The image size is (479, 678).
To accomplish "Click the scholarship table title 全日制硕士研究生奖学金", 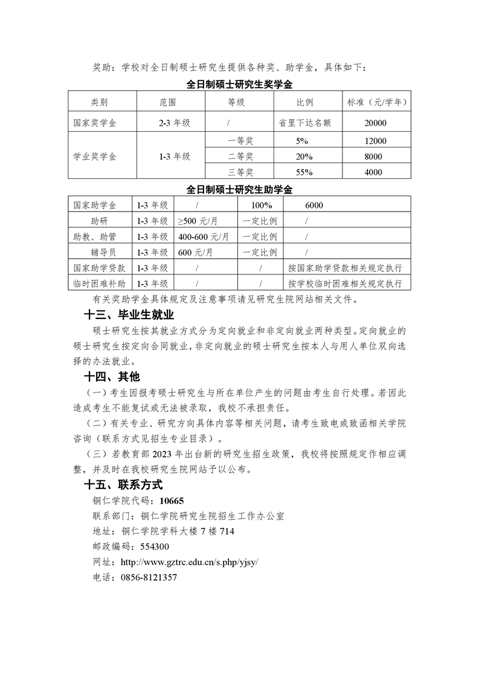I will (x=240, y=84).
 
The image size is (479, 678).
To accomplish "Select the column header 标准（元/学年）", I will (x=378, y=102).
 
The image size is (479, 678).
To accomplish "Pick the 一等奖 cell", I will (x=240, y=141).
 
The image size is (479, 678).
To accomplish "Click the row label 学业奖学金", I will (x=95, y=157).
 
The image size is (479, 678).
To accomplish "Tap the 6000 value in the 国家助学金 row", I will (x=314, y=205).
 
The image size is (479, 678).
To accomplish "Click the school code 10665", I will (x=171, y=500).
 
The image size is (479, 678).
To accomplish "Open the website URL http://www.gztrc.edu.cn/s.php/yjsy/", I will (x=190, y=562).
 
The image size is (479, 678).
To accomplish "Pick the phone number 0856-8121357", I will (x=149, y=578).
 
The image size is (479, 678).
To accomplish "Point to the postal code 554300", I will (x=155, y=547).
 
